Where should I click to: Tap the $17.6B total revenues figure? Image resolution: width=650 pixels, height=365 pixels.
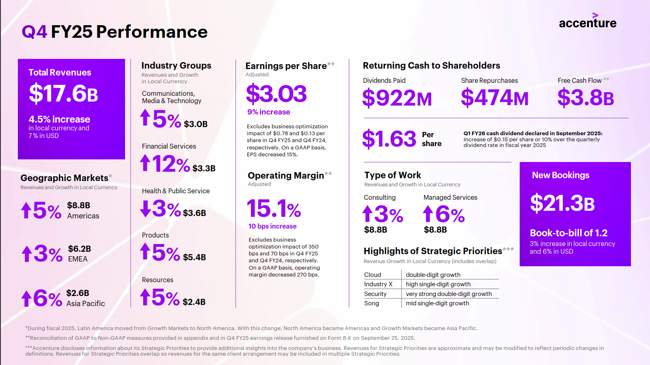pos(63,93)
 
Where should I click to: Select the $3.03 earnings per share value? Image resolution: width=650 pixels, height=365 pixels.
pos(276,94)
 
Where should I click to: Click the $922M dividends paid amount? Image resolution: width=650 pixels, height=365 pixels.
pos(397,98)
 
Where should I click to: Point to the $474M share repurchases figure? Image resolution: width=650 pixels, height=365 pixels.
pos(495,98)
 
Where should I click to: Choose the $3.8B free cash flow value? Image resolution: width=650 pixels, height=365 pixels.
pos(585,98)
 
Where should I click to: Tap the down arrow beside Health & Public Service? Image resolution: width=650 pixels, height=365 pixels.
pos(146,209)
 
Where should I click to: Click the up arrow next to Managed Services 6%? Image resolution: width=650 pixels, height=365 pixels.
pos(428,214)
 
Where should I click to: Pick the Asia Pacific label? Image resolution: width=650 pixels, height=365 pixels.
pos(86,304)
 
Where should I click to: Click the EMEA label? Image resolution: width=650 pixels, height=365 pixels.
pos(78,259)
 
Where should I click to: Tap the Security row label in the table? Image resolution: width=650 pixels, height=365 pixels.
pos(375,294)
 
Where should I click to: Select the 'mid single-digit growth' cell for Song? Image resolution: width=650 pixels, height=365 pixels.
pos(437,303)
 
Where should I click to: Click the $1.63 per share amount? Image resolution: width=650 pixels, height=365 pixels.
pos(389,139)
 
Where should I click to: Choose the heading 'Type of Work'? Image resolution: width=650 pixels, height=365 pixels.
pos(393,175)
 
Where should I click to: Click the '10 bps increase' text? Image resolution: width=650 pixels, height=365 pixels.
pos(272,227)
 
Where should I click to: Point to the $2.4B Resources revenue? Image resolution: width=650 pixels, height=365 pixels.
pos(194,302)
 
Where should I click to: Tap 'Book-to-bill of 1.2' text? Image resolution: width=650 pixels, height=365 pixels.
pos(568,233)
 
